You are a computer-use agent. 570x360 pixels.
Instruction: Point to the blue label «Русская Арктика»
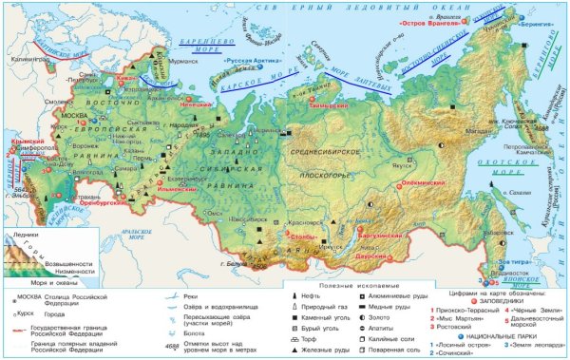(251, 57)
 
